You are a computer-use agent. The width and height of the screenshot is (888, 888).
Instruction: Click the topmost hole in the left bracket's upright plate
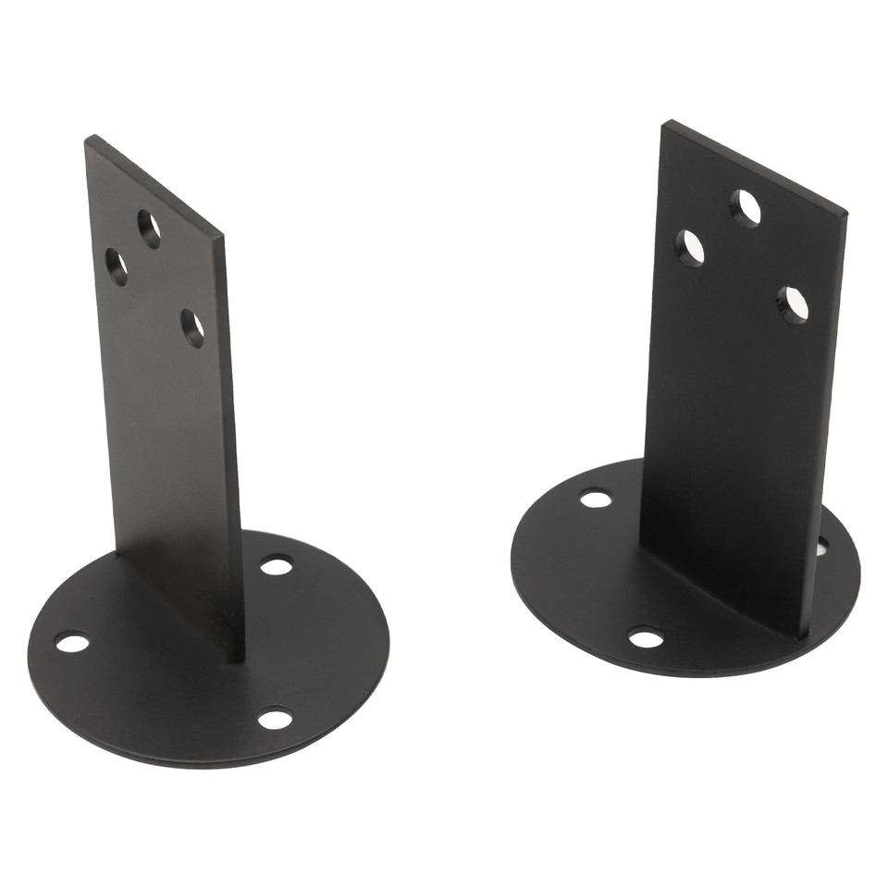[x=150, y=228]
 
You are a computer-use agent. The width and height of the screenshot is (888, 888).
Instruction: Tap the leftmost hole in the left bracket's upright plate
[x=117, y=265]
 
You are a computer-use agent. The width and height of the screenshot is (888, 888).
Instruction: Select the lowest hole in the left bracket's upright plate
[x=192, y=328]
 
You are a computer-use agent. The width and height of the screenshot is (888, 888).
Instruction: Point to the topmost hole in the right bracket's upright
[x=745, y=208]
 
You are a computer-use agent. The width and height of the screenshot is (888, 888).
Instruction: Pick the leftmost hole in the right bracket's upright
[x=691, y=248]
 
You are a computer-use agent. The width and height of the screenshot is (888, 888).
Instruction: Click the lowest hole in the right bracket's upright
[x=792, y=305]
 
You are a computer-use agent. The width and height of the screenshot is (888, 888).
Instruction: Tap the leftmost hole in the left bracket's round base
[x=72, y=642]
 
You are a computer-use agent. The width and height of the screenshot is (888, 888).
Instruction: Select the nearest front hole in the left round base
[x=275, y=718]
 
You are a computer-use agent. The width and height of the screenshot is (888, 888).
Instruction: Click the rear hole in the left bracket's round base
[x=276, y=564]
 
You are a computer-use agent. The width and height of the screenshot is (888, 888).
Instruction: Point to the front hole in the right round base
[x=646, y=638]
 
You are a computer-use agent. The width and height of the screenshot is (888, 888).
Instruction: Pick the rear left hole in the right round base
[x=596, y=499]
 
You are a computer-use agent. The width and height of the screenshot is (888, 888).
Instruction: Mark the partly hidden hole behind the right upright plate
[x=821, y=546]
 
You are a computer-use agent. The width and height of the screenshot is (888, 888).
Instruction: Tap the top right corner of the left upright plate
[x=222, y=235]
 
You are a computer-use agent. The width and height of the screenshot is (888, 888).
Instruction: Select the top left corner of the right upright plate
[x=664, y=122]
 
